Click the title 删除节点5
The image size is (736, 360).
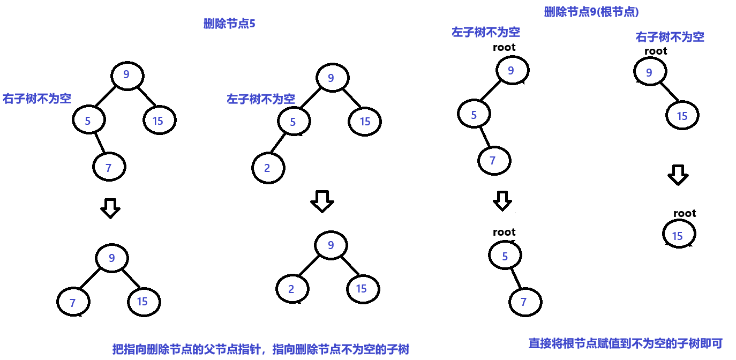click(229, 24)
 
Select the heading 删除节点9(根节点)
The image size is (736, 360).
click(591, 12)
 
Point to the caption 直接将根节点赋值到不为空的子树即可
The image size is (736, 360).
click(626, 343)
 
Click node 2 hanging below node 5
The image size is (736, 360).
click(268, 168)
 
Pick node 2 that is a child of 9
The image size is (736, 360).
click(292, 289)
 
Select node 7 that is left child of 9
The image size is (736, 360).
click(73, 303)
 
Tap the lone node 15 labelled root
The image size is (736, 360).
click(679, 236)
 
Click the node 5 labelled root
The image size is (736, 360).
click(505, 256)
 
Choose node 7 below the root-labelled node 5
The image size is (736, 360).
click(524, 302)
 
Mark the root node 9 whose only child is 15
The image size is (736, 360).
click(650, 72)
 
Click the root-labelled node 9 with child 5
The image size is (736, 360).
click(512, 71)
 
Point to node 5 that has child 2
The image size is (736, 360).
click(293, 122)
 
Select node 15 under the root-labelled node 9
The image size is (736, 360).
click(682, 116)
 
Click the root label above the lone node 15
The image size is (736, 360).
click(684, 213)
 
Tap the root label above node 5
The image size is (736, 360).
click(504, 232)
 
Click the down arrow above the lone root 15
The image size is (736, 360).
click(678, 175)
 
